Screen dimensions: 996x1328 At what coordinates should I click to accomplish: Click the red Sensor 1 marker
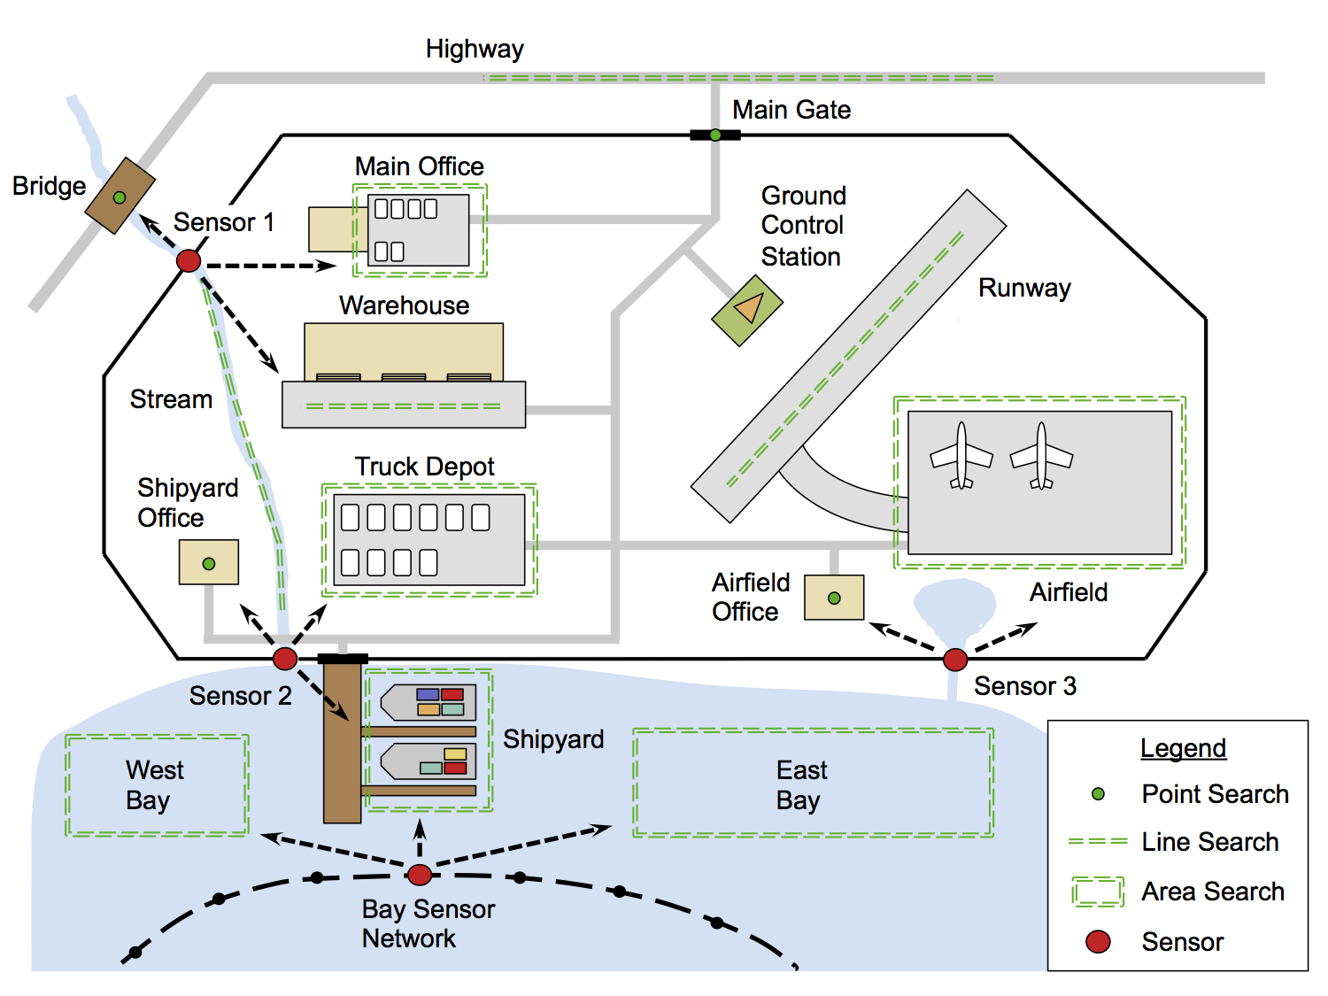click(189, 260)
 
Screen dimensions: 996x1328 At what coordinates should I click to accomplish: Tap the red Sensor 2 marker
click(285, 658)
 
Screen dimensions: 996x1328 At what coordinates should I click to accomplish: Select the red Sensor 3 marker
click(955, 660)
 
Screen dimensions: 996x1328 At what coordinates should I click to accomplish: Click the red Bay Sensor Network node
click(420, 875)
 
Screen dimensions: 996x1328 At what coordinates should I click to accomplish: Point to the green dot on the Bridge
click(120, 197)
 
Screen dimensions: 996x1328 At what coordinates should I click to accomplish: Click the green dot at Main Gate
click(715, 135)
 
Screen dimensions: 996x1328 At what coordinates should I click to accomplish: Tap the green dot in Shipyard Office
click(209, 564)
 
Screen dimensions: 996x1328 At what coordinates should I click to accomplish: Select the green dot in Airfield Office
click(834, 598)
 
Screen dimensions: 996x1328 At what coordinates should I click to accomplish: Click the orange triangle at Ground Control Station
click(749, 308)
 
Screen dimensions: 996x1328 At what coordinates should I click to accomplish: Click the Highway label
click(475, 50)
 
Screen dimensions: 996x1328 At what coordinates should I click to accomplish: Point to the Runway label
click(1024, 288)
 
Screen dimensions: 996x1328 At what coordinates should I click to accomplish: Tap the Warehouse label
click(404, 305)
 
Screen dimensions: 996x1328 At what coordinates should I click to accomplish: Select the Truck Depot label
click(424, 467)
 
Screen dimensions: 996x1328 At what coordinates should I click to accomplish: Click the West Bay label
click(154, 785)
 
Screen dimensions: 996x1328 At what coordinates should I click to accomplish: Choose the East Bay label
click(801, 785)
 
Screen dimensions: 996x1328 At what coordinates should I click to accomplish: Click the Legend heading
click(1183, 748)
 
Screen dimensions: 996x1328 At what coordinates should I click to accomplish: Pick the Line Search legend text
click(1210, 842)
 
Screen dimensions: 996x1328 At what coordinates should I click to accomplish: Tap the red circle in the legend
click(1099, 941)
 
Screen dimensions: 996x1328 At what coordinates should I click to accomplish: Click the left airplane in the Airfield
click(961, 456)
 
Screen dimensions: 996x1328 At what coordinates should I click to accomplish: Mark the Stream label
click(171, 399)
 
